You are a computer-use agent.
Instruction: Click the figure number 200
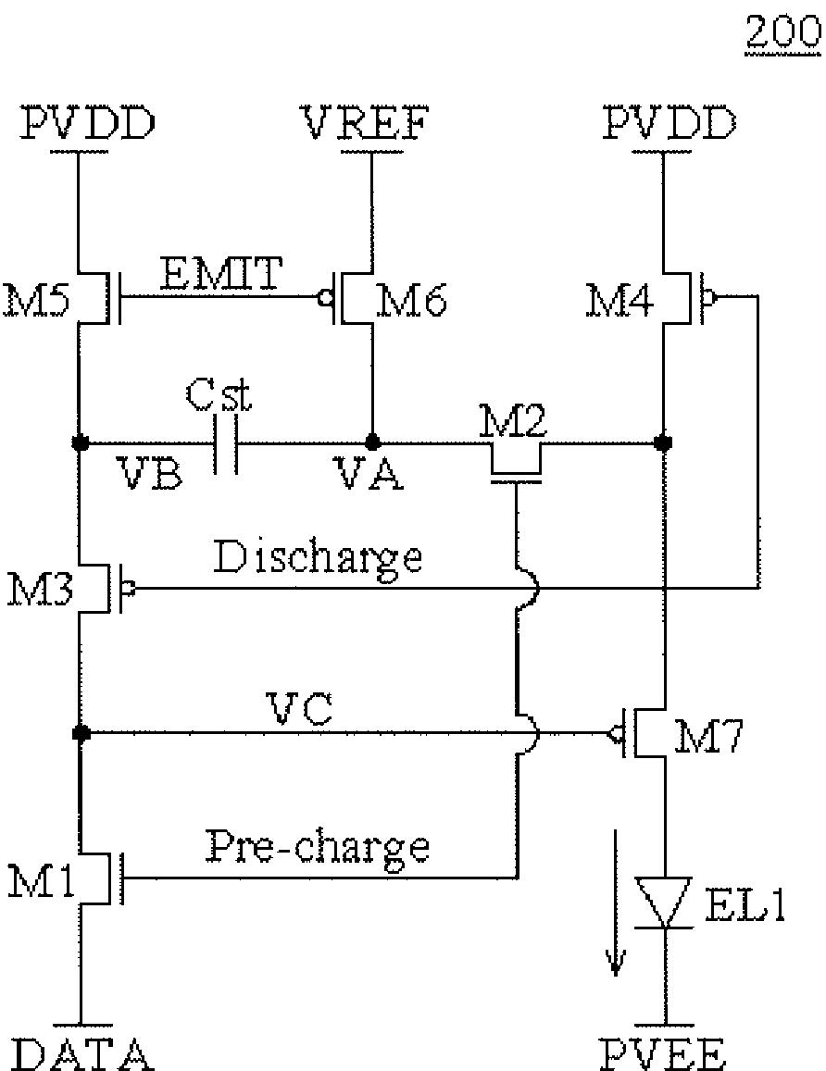[783, 32]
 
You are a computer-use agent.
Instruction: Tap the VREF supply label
[366, 123]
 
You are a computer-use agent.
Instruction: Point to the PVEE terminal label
[662, 1054]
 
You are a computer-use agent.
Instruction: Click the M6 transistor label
[411, 301]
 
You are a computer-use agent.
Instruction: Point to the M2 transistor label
[513, 421]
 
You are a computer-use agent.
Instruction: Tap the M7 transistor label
[707, 736]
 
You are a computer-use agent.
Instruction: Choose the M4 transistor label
[619, 301]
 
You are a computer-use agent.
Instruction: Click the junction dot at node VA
[372, 442]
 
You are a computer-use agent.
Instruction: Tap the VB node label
[149, 473]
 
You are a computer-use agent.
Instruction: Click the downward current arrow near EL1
[616, 902]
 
